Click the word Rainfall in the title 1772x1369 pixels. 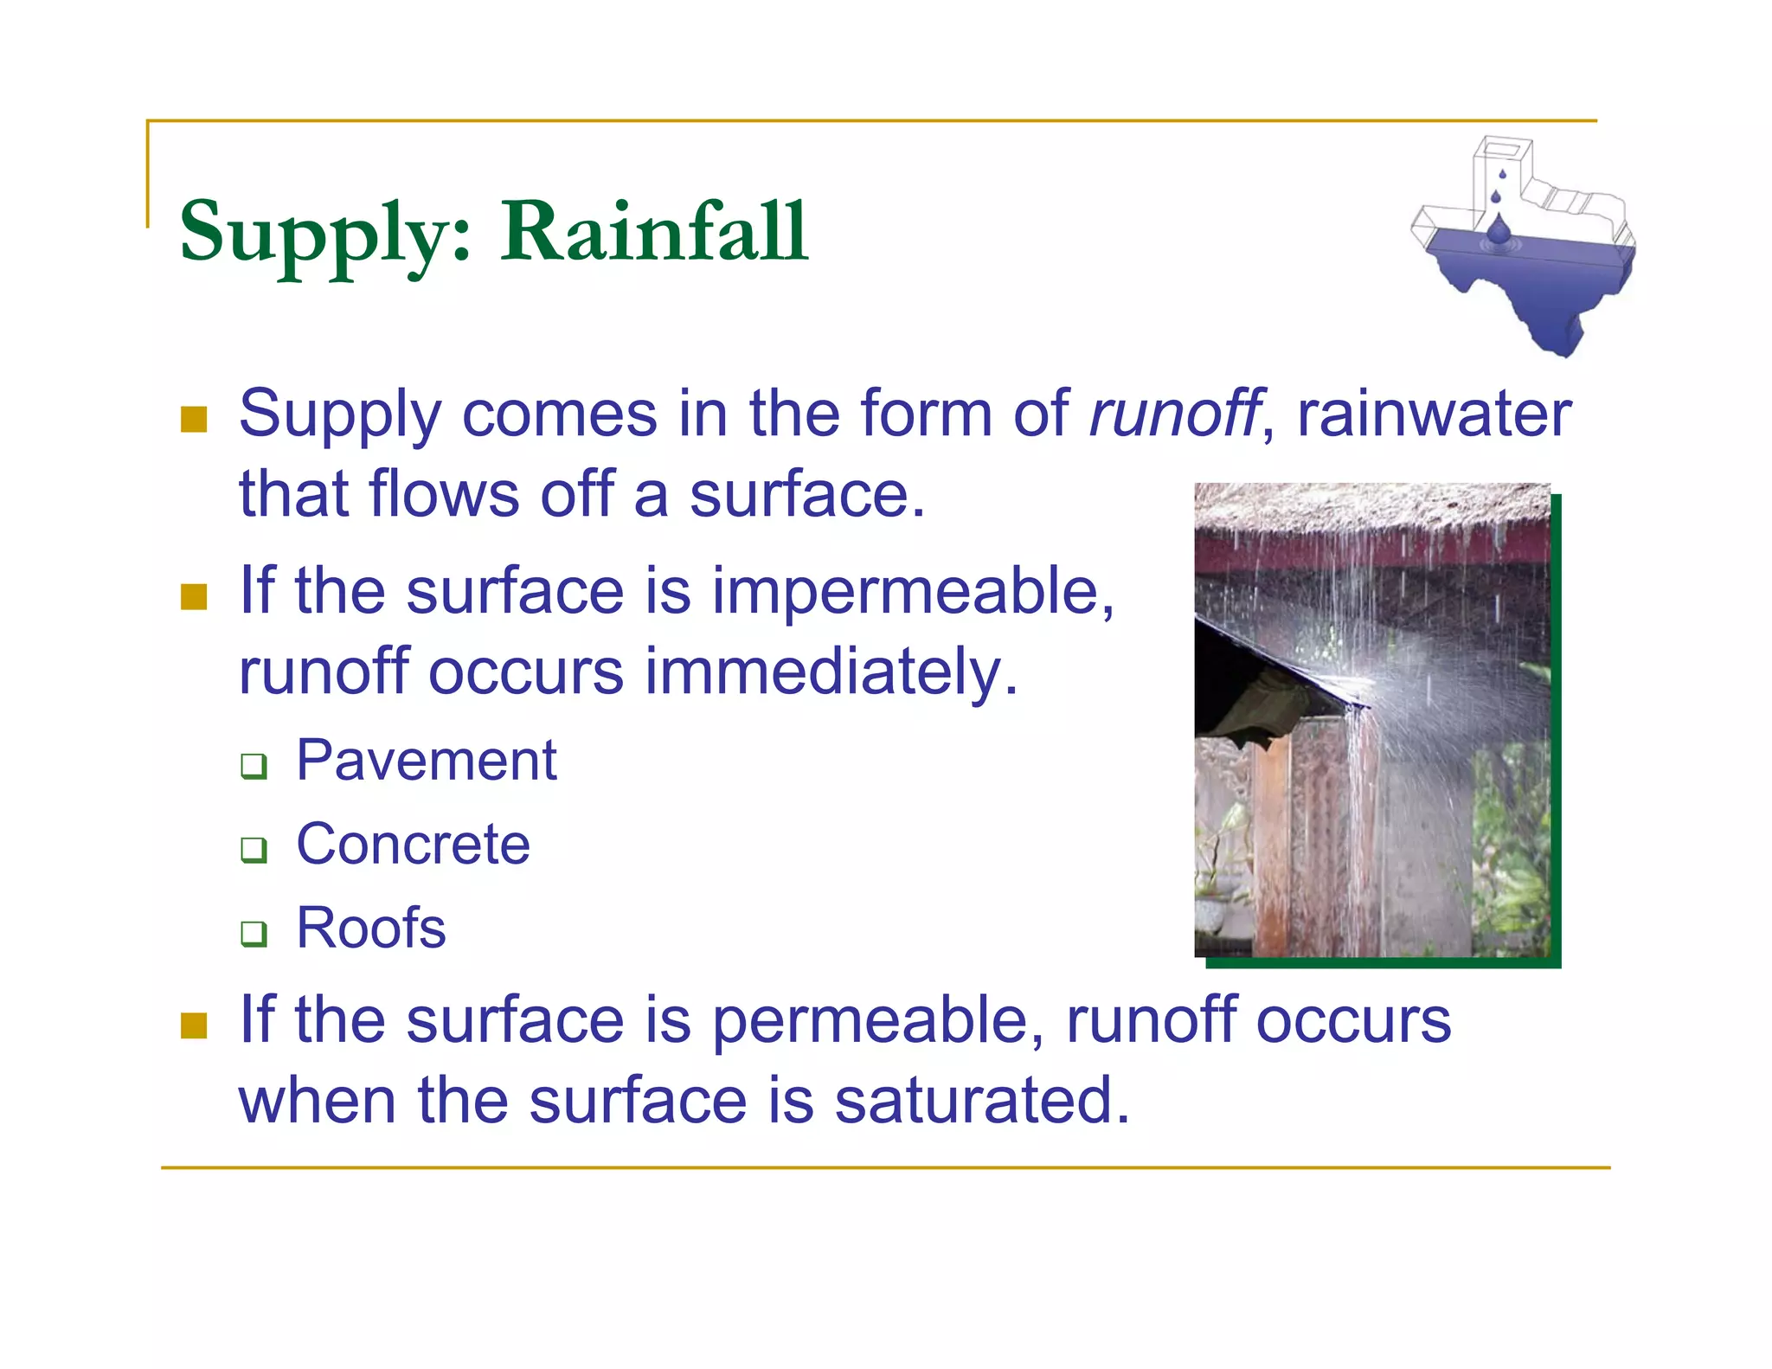654,232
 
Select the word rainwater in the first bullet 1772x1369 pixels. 1434,414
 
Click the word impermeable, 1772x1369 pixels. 913,592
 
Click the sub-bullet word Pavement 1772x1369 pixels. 427,761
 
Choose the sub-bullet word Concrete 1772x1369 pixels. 413,845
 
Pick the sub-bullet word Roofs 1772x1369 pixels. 371,928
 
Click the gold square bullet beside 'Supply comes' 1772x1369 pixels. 194,420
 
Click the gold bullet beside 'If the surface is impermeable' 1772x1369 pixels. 194,597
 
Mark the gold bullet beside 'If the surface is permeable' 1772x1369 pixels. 194,1025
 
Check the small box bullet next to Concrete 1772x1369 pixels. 254,849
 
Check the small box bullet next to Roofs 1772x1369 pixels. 254,933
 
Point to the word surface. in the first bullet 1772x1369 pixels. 806,495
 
